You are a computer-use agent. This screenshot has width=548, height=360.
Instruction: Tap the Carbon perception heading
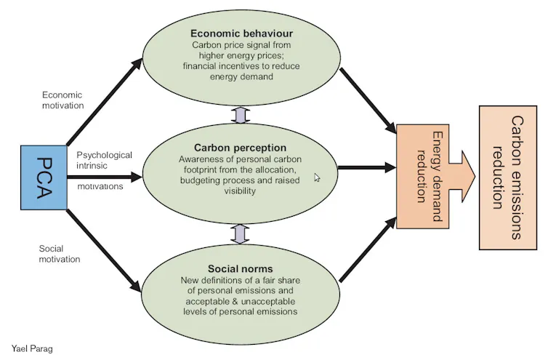(x=240, y=148)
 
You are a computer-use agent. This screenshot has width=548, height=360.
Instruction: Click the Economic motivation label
(x=63, y=100)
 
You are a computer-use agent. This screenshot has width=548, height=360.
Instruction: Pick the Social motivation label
(x=59, y=254)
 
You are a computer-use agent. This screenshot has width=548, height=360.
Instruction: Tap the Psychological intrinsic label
(x=104, y=160)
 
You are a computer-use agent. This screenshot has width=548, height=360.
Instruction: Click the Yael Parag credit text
(x=32, y=348)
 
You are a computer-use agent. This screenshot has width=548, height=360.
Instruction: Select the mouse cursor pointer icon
(x=317, y=177)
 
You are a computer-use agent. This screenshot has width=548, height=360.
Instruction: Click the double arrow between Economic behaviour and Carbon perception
(x=240, y=114)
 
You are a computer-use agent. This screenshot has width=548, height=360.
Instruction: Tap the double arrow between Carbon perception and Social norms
(x=240, y=233)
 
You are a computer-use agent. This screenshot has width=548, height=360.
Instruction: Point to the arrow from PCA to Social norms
(x=103, y=249)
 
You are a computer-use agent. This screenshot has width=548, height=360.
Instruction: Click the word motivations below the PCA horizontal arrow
(x=100, y=186)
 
